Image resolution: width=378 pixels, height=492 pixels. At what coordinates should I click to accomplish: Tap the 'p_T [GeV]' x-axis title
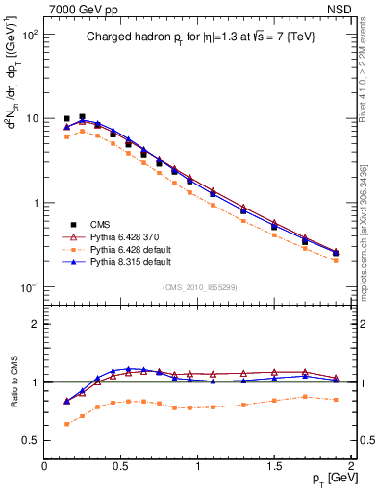point(330,479)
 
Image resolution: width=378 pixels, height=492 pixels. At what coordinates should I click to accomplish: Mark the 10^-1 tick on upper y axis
point(29,287)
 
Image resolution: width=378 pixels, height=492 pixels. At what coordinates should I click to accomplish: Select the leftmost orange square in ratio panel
point(66,424)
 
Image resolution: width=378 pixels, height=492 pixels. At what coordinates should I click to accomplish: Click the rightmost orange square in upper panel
point(335,260)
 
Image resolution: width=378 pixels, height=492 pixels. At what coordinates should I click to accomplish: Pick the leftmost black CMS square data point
point(66,119)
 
